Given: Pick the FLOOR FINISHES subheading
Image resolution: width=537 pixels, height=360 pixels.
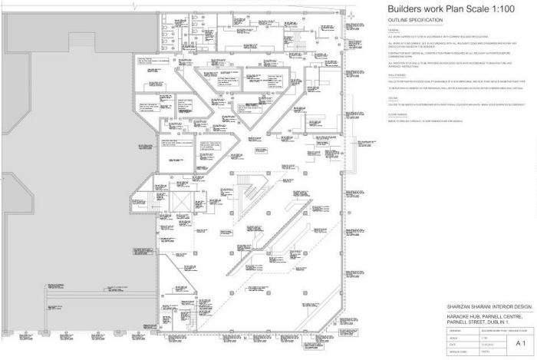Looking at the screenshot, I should click(397, 114).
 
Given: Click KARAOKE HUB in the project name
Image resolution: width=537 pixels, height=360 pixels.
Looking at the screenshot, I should click(464, 315).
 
